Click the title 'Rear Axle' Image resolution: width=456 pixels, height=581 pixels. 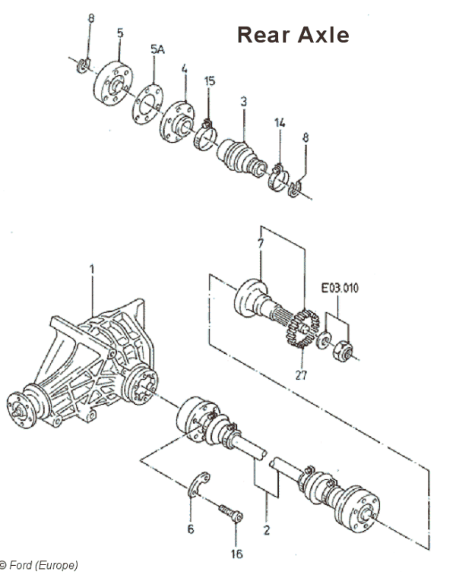point(293,35)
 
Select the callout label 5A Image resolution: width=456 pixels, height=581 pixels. point(157,49)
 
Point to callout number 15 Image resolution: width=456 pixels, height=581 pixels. point(211,81)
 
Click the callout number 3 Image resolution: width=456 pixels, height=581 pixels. point(243,100)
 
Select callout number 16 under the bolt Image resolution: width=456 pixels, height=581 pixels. point(236,554)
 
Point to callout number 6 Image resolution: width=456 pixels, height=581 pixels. point(190,528)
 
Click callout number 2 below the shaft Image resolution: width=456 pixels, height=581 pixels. point(266,530)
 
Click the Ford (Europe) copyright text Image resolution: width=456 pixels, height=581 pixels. point(40,565)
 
